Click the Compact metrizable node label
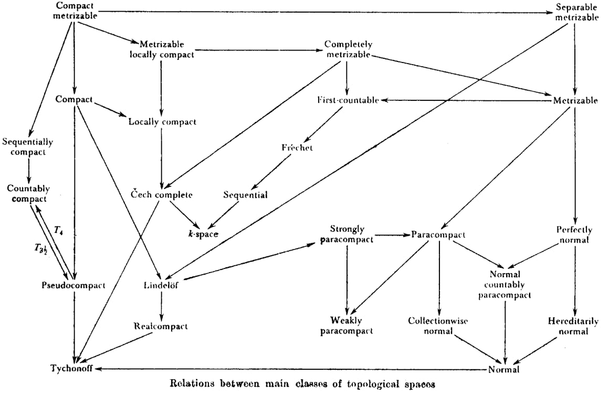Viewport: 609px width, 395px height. click(75, 11)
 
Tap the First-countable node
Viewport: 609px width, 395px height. click(348, 100)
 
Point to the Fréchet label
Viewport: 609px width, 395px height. click(297, 148)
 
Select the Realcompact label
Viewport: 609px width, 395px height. click(161, 326)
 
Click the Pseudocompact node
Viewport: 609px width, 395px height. click(73, 285)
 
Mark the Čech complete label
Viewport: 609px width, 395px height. click(162, 195)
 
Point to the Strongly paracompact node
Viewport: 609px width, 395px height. click(346, 234)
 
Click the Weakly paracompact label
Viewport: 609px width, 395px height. click(346, 325)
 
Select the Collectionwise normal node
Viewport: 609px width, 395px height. click(438, 325)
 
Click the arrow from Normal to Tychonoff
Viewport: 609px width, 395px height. click(289, 369)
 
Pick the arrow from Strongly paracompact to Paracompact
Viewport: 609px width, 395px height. click(392, 234)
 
